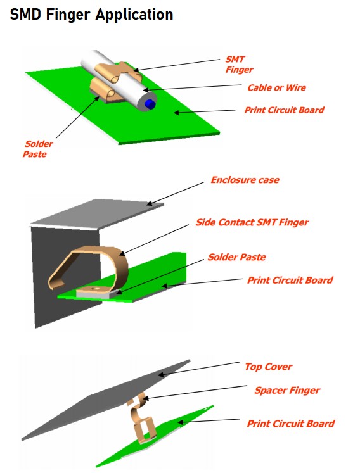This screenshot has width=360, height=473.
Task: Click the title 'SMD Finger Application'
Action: tap(91, 15)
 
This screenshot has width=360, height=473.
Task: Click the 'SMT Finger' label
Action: tap(239, 65)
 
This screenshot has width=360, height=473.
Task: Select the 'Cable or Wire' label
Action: tap(276, 88)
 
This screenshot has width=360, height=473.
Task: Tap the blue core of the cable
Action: tap(150, 104)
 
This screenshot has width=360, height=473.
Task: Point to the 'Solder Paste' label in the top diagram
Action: tap(38, 149)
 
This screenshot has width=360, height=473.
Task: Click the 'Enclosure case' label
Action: tap(245, 180)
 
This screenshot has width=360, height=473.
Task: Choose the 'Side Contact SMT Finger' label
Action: tap(252, 222)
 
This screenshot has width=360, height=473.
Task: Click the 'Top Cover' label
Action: tap(269, 367)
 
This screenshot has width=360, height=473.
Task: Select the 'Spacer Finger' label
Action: tap(287, 390)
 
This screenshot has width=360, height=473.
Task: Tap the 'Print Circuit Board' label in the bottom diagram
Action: tap(291, 424)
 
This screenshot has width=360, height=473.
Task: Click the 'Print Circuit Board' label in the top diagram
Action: tap(284, 110)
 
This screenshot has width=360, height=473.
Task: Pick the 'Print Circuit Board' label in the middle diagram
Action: tap(290, 281)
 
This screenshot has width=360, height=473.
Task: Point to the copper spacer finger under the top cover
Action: tap(139, 416)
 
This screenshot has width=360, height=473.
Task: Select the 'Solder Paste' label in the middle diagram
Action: tap(237, 257)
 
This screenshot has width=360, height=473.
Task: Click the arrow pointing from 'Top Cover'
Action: tap(199, 369)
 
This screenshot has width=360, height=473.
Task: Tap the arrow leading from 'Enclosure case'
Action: tap(175, 194)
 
